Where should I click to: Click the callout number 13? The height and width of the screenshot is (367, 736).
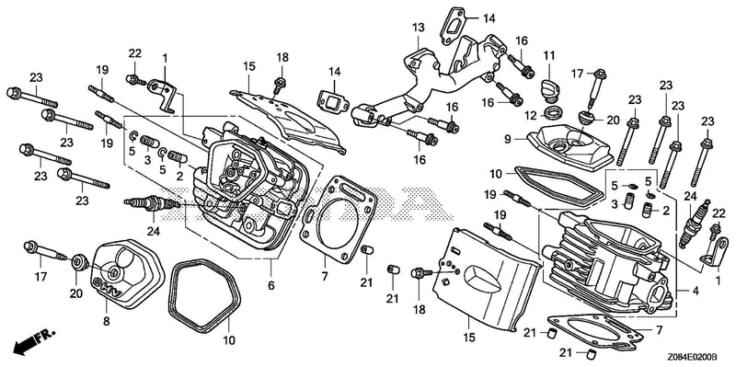point(419,28)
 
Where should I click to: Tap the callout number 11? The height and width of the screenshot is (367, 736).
point(549,56)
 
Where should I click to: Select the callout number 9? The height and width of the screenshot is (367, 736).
point(508,139)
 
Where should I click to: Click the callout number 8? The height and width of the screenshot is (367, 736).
point(107,322)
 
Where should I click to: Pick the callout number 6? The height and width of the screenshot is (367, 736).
point(271,285)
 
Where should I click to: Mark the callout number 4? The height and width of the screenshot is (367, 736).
point(696,291)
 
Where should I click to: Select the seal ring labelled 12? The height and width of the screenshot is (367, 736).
point(555,112)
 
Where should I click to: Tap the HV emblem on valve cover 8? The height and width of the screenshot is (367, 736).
point(108,288)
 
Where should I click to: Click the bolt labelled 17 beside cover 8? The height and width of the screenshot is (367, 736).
point(44,250)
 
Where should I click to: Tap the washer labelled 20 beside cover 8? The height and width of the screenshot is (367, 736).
point(80,262)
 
